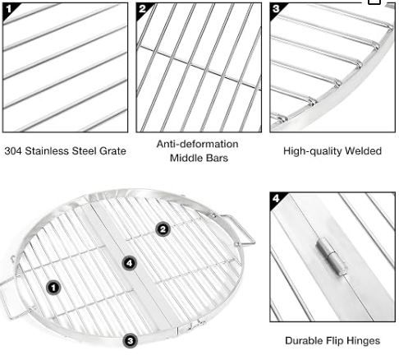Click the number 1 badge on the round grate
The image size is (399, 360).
coord(53,288)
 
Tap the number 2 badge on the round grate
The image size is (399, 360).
coord(163,229)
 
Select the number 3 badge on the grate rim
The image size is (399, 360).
coord(131,341)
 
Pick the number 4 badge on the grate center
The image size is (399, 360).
coord(130,263)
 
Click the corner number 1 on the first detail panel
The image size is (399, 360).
coord(8,9)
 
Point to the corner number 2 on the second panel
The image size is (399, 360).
coord(142,9)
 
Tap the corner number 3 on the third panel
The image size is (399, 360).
coord(276,9)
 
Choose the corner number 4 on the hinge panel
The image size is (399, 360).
coord(276,198)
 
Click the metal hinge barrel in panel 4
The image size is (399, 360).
coord(331,256)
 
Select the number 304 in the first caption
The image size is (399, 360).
coord(13,151)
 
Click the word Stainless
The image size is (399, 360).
coord(48,151)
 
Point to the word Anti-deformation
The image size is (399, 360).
coord(197,144)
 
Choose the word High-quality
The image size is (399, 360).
coord(313,151)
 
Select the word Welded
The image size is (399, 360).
coord(363,151)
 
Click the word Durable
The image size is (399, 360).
coord(304,341)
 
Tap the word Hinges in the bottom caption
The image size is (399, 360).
coord(363,341)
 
